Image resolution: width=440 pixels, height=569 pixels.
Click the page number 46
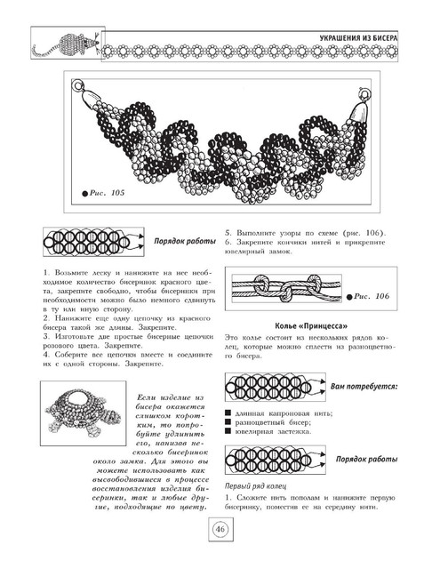tap(220, 529)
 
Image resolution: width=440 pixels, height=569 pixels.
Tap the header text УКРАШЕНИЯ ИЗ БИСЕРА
tap(358, 37)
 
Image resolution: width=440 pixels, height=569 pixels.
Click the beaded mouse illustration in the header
tap(67, 44)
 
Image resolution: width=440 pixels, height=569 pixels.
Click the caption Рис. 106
tap(372, 296)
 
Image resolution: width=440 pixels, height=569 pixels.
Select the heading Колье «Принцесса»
tap(311, 326)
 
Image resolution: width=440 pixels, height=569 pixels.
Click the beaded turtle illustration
tap(83, 413)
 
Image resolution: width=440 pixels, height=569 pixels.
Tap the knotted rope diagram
tap(286, 288)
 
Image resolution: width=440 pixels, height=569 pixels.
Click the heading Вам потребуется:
tap(364, 387)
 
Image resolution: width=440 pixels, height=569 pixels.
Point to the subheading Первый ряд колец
tap(256, 486)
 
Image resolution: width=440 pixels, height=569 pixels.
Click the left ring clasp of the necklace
tap(77, 85)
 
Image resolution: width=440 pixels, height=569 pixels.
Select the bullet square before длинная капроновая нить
tap(228, 413)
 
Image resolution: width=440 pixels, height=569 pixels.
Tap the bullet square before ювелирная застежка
tap(228, 431)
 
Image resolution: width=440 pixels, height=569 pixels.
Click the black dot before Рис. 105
tap(84, 194)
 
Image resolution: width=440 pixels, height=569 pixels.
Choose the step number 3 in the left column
tap(45, 337)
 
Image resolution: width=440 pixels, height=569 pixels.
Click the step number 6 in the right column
tap(228, 242)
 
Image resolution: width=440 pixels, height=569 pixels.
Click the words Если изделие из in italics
tap(171, 397)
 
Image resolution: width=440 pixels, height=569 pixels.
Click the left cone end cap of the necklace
tap(89, 97)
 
